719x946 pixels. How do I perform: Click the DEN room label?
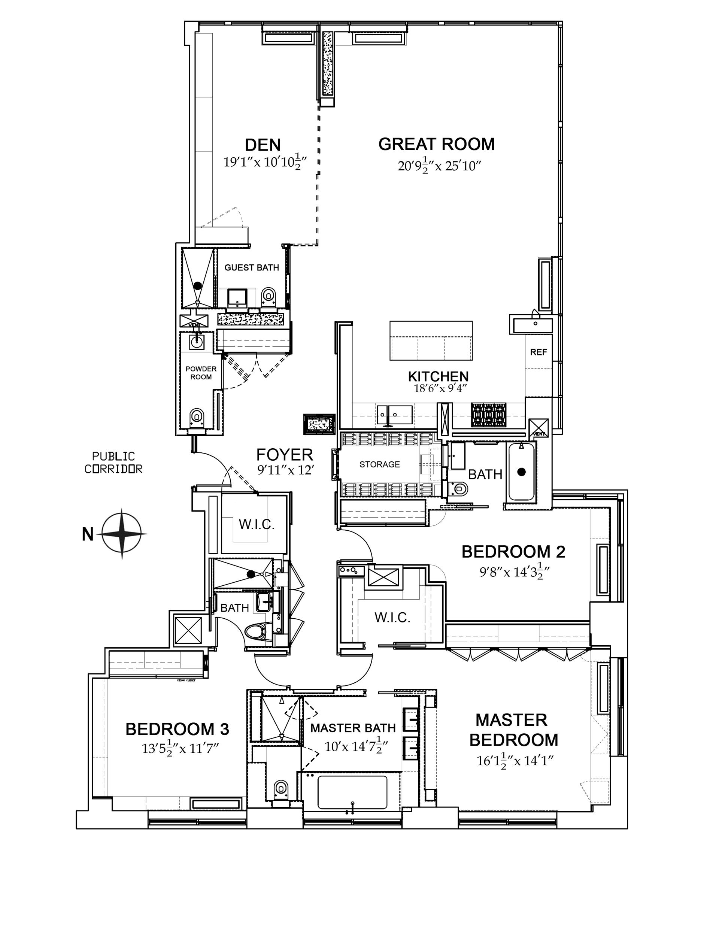click(263, 145)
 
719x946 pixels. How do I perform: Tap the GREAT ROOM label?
click(436, 144)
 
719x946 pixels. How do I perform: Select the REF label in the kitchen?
click(539, 352)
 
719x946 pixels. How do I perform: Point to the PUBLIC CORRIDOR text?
click(113, 463)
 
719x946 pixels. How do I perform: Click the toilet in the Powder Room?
click(197, 416)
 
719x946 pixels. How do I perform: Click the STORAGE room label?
click(380, 464)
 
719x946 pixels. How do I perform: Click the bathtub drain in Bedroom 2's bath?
click(521, 472)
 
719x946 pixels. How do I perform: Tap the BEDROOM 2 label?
click(513, 552)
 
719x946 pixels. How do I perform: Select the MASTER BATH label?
click(353, 728)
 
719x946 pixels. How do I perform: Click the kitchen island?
click(431, 341)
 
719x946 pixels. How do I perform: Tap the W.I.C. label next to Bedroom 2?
click(392, 617)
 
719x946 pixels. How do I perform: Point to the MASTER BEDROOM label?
click(513, 730)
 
